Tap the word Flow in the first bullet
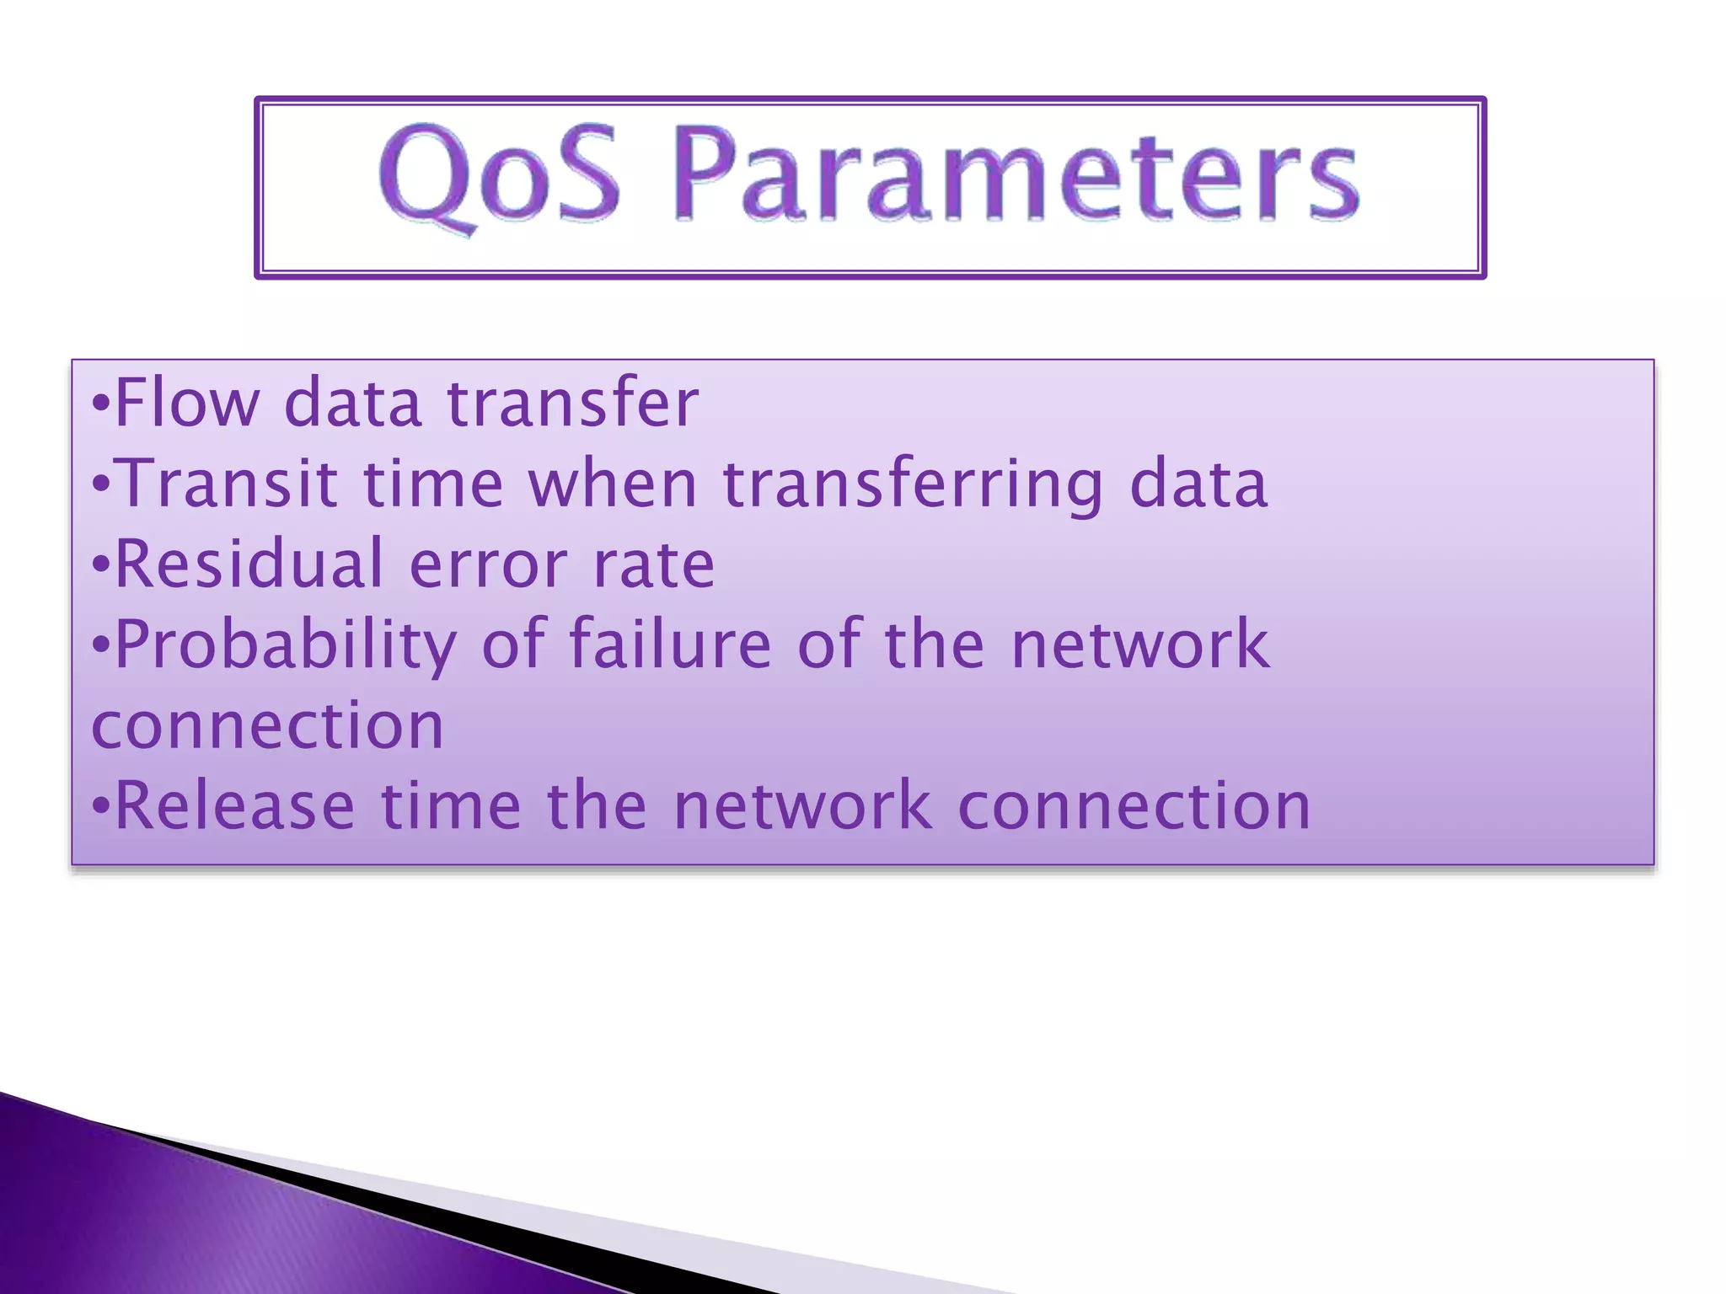point(187,403)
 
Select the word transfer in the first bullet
point(572,403)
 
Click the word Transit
point(228,484)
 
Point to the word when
point(613,484)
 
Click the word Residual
point(249,564)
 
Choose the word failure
point(670,644)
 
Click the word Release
point(234,806)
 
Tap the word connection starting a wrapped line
point(267,726)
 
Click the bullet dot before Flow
point(101,404)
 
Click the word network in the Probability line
point(1139,644)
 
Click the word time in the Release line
point(451,806)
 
